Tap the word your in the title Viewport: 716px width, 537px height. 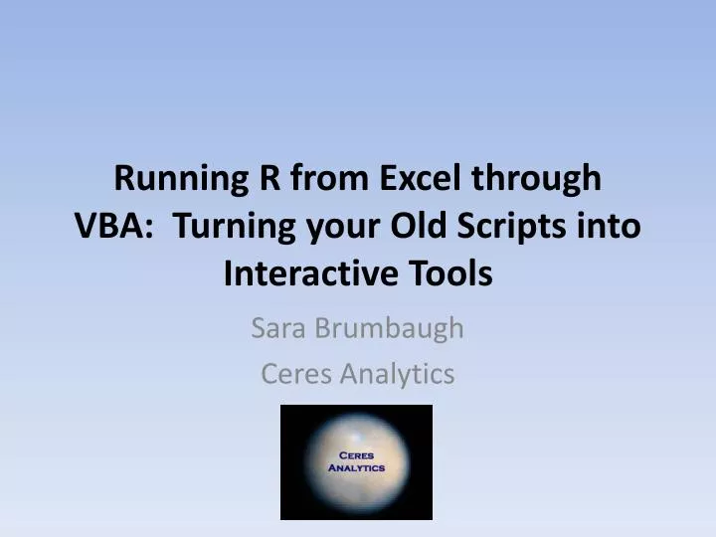pyautogui.click(x=333, y=228)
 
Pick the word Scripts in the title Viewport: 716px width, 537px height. pyautogui.click(x=511, y=228)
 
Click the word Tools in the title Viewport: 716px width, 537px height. pyautogui.click(x=454, y=272)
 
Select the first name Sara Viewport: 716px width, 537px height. pyautogui.click(x=278, y=328)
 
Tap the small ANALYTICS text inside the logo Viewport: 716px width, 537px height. pyautogui.click(x=355, y=467)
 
